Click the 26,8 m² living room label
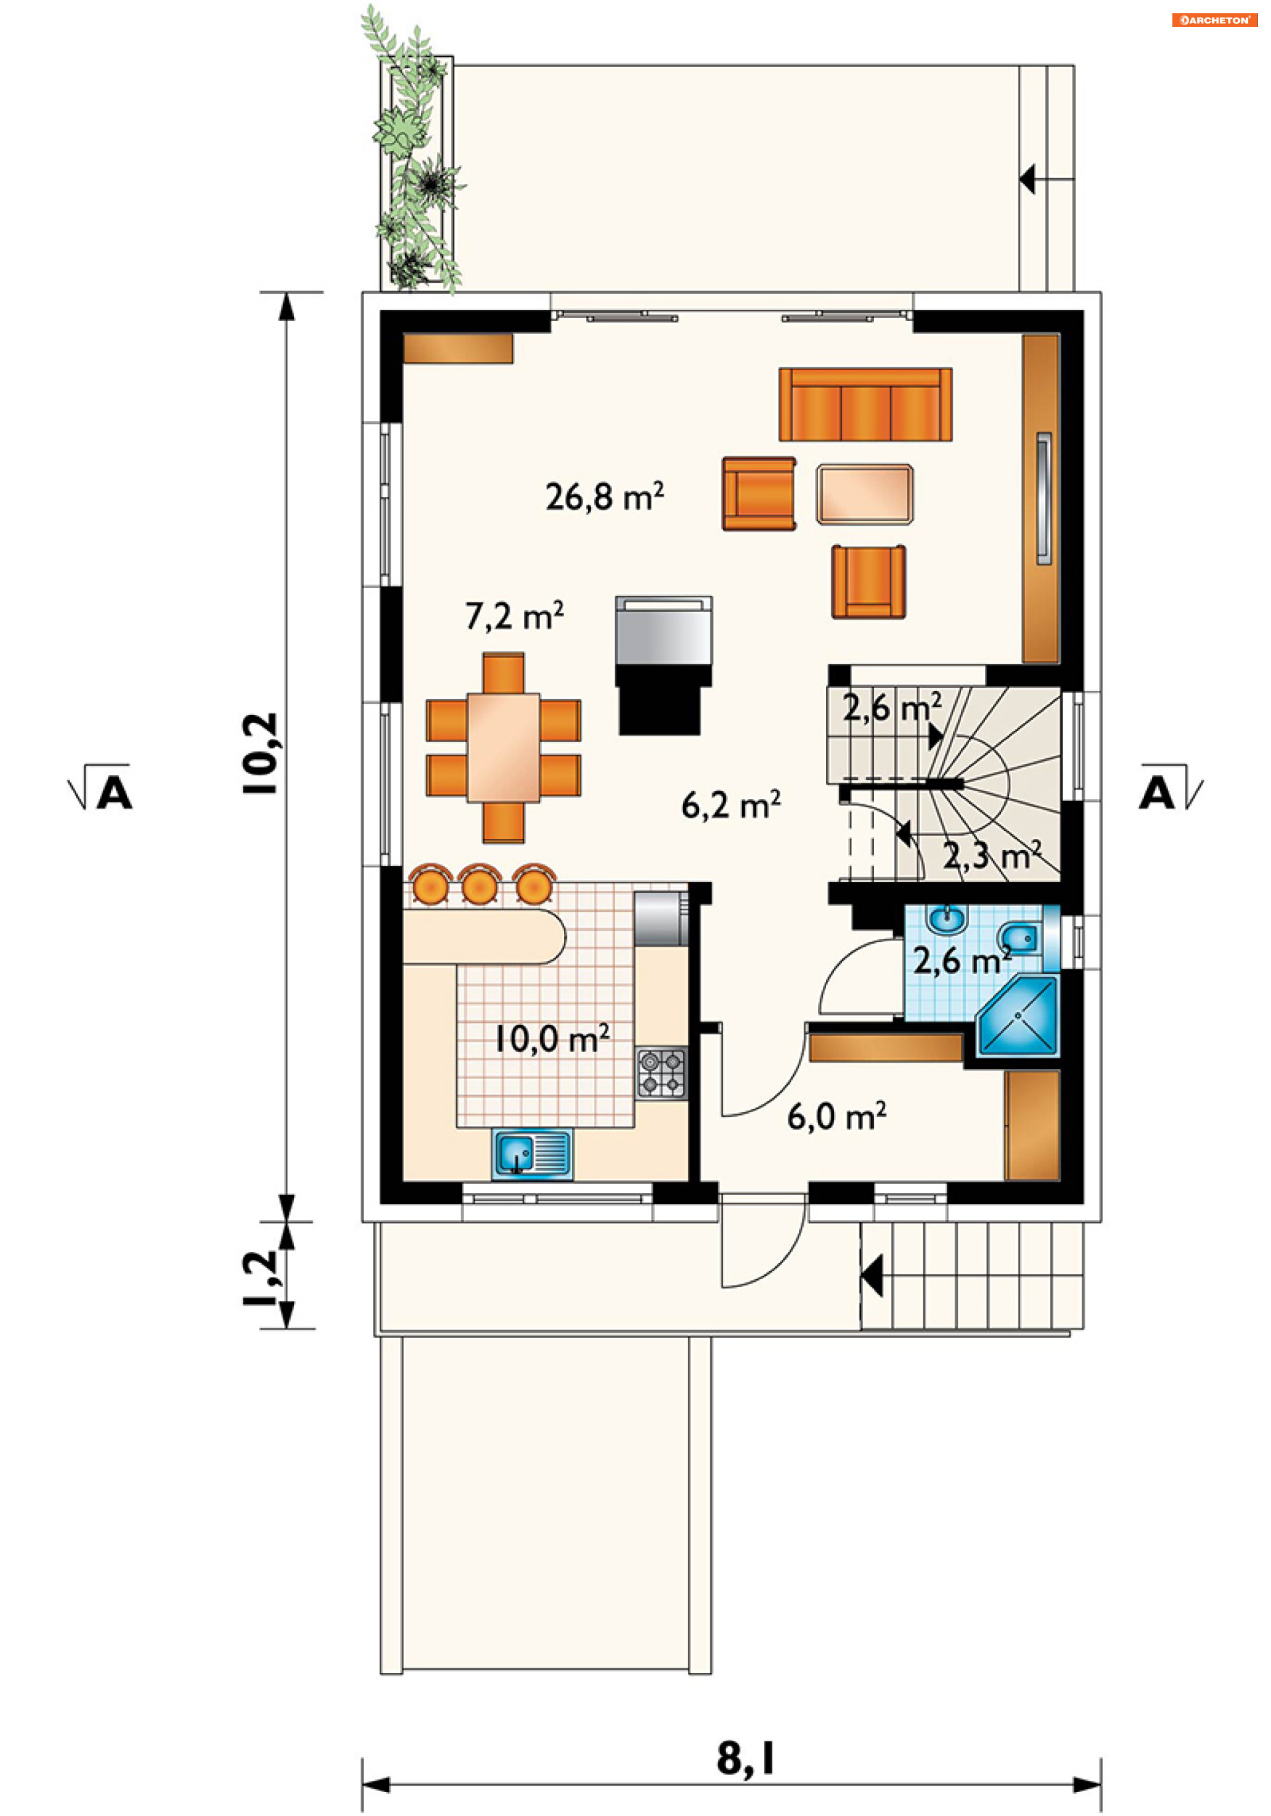coord(604,497)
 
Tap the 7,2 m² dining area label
coord(514,615)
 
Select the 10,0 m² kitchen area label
coord(551,1039)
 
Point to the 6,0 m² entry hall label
coord(836,1116)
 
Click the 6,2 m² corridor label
coord(731,804)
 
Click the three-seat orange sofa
coord(865,404)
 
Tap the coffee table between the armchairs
coord(865,495)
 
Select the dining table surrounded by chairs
coord(503,747)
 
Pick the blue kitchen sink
coord(532,1154)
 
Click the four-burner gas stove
coord(661,1073)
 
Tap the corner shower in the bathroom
coord(1019,1016)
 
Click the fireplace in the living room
coord(663,665)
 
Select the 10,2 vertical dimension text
coord(261,753)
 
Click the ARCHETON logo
coord(1214,20)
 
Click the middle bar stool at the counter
coord(479,885)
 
